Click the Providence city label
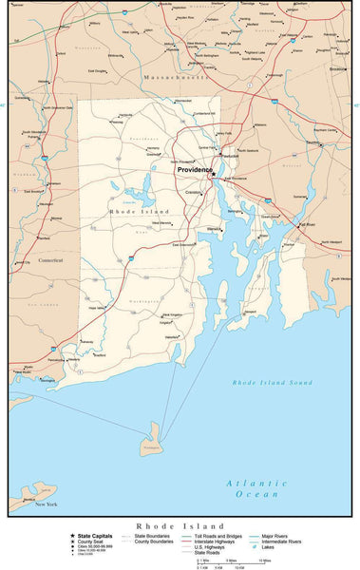(x=196, y=170)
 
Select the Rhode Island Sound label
(x=272, y=382)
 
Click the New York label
(x=47, y=503)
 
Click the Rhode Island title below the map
(x=180, y=525)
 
